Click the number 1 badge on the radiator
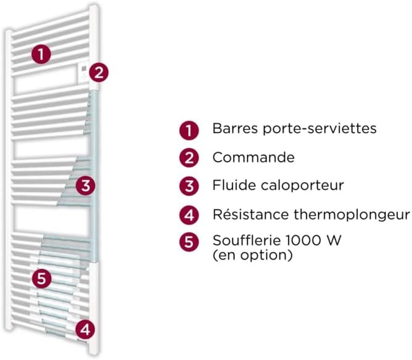point(41,54)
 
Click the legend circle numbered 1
point(189,130)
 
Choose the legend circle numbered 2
point(189,158)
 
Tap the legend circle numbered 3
point(189,186)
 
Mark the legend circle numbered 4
point(189,215)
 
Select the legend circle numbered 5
point(189,242)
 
